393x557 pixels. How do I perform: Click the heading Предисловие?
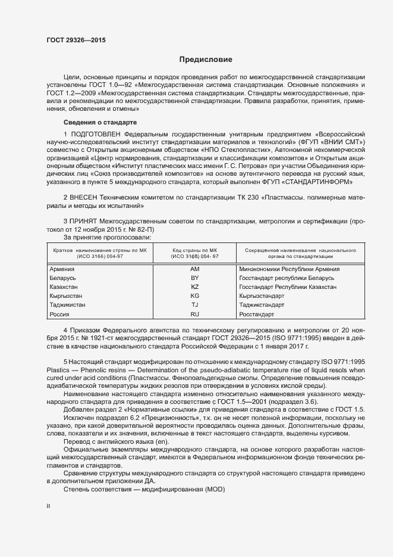[206, 60]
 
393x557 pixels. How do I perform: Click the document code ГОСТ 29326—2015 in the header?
[77, 41]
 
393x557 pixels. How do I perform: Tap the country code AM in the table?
[194, 269]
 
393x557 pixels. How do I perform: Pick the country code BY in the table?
[194, 278]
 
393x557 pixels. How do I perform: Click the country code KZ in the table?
[194, 287]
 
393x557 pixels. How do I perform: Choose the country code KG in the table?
[194, 296]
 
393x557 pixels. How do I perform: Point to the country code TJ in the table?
[194, 305]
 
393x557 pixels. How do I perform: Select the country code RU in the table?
[194, 314]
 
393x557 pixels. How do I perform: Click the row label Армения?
[62, 269]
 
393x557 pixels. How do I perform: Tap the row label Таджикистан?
[68, 305]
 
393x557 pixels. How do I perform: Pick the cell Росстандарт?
[256, 314]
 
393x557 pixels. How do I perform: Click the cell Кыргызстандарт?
[262, 296]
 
